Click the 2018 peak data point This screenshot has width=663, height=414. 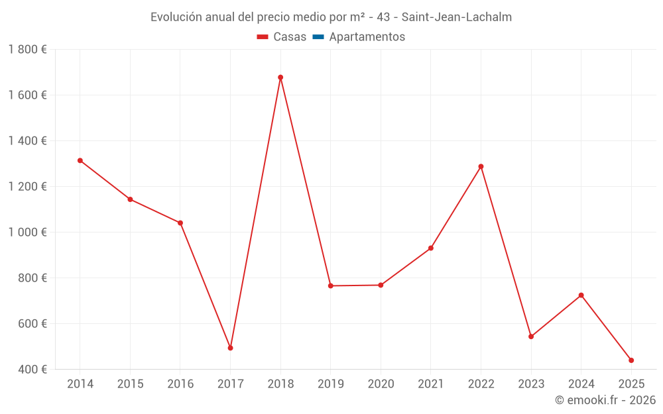click(x=280, y=78)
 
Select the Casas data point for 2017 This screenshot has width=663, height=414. click(x=230, y=348)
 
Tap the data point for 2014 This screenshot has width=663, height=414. click(x=80, y=160)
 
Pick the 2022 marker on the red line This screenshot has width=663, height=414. click(x=481, y=166)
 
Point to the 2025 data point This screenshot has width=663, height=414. click(x=631, y=360)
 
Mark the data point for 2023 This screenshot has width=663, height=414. click(x=531, y=336)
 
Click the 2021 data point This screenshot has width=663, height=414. click(x=431, y=248)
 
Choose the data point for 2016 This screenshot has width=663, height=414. click(x=180, y=223)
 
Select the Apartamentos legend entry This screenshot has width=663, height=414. click(x=367, y=37)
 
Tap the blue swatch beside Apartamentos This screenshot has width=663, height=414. click(x=318, y=37)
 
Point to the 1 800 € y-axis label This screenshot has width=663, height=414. click(x=27, y=49)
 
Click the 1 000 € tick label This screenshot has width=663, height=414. click(x=27, y=232)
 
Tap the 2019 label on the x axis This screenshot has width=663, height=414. click(x=331, y=384)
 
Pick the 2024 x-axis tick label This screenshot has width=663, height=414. click(x=581, y=384)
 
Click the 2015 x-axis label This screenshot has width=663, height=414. click(x=130, y=384)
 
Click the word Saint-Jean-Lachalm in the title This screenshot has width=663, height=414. click(x=457, y=17)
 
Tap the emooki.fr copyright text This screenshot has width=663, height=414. click(x=605, y=400)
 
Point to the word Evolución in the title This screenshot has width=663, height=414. click(x=174, y=17)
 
